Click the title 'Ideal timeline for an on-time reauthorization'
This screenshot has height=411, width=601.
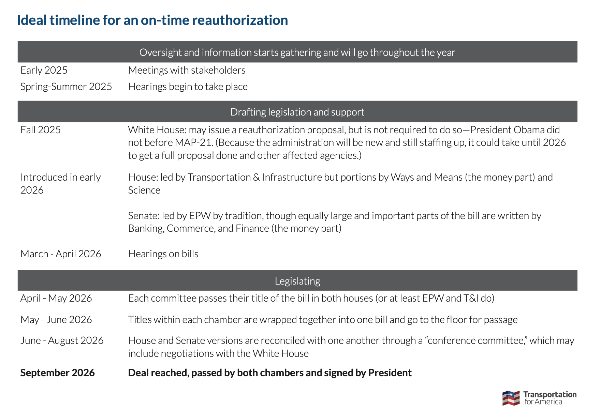click(152, 20)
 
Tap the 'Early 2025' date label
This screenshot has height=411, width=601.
click(44, 70)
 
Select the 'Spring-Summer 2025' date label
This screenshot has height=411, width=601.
click(66, 87)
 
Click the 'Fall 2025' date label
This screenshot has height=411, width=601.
click(41, 130)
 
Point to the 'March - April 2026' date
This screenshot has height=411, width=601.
click(61, 254)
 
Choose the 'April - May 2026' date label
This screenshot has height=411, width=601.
click(56, 298)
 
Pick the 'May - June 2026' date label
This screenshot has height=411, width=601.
click(56, 320)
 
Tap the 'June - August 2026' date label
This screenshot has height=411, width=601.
click(62, 340)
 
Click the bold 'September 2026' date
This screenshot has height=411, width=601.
click(57, 373)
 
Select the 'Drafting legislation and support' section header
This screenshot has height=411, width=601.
click(297, 112)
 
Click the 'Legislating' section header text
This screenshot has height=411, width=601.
click(297, 281)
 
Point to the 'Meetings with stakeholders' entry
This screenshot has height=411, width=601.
click(187, 70)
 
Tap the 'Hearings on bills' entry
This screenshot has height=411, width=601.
click(163, 254)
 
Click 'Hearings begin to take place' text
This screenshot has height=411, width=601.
click(188, 87)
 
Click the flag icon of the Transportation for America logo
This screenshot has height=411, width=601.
click(511, 398)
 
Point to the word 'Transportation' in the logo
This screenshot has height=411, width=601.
click(550, 395)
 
